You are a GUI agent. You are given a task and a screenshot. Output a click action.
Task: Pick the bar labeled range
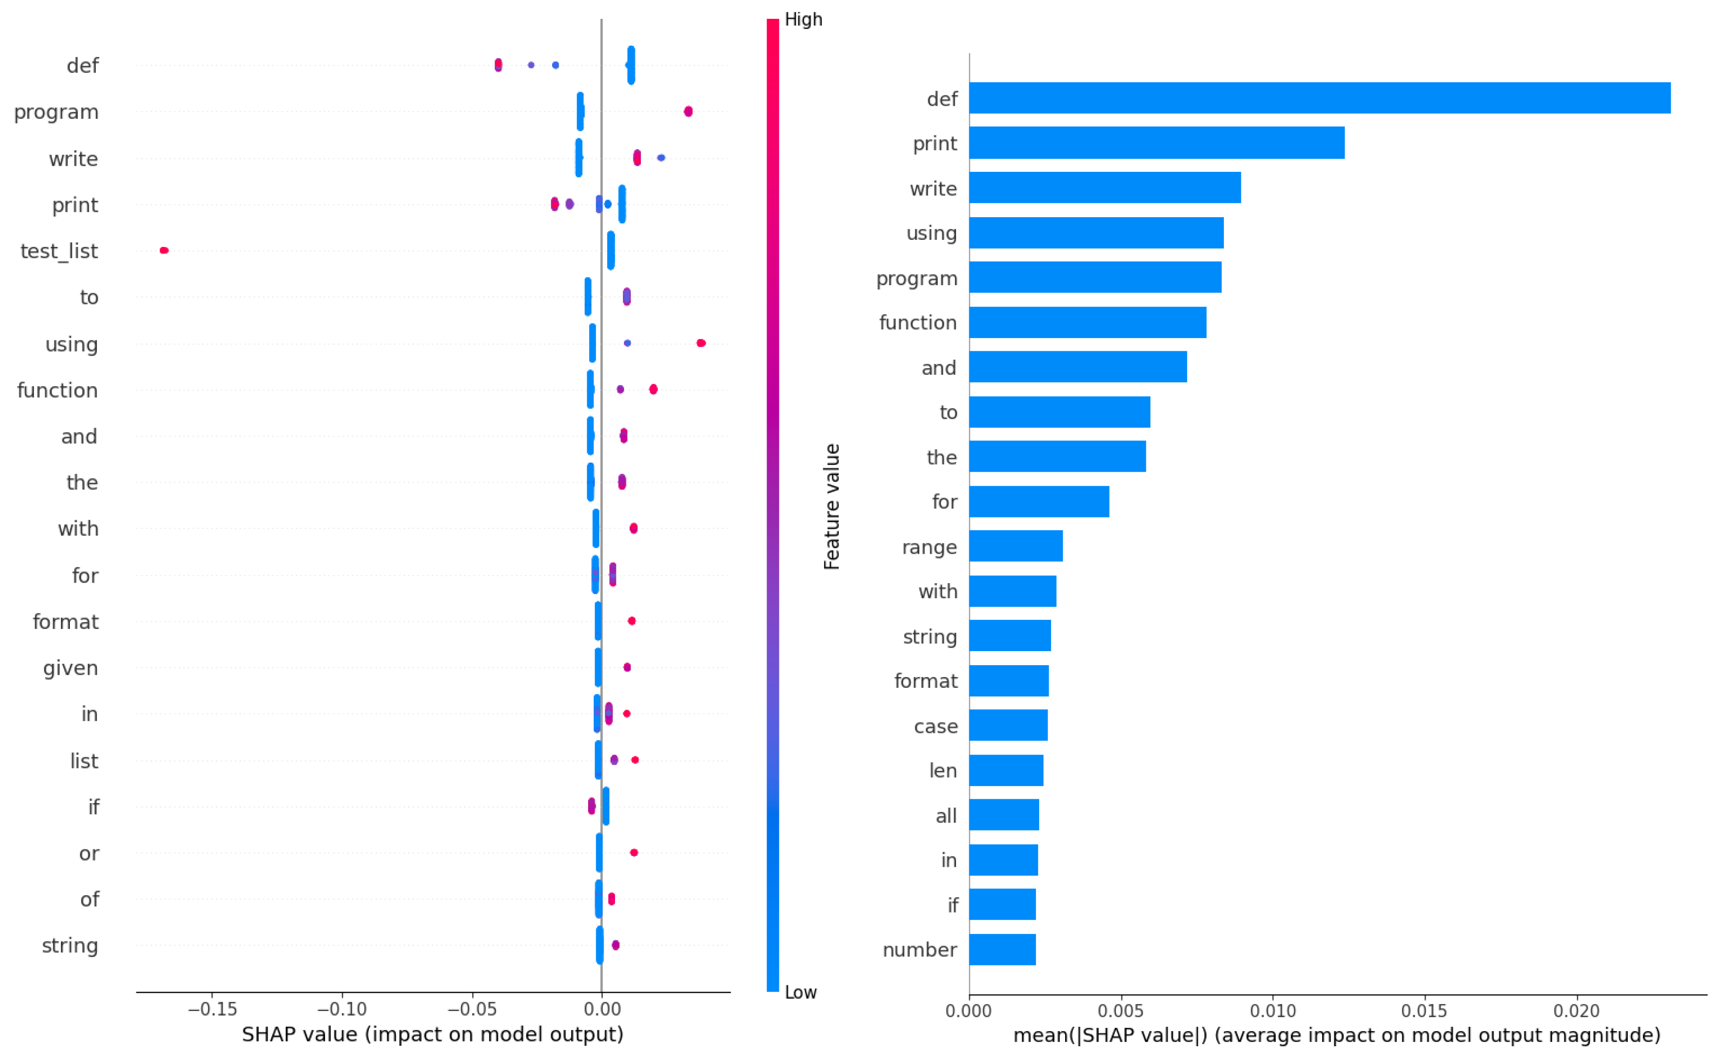[x=1015, y=546]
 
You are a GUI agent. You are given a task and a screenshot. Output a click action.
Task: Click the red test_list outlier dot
[x=164, y=250]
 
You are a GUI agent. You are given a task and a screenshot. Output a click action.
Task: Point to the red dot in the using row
[x=700, y=342]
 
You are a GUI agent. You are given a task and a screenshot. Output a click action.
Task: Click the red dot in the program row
[x=688, y=111]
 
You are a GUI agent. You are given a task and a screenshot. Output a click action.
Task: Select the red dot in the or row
[x=633, y=852]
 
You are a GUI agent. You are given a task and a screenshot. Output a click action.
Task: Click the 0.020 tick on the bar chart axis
[x=1576, y=1011]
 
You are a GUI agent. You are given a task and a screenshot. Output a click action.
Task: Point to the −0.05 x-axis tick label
[x=472, y=1009]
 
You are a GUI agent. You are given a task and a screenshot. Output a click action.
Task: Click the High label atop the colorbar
[x=803, y=20]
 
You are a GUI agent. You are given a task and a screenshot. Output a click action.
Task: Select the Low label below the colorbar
[x=800, y=992]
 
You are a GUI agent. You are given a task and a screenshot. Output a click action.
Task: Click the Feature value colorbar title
[x=831, y=507]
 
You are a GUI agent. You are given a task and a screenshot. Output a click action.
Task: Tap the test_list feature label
[x=59, y=251]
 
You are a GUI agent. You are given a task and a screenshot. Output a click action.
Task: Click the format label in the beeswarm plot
[x=65, y=621]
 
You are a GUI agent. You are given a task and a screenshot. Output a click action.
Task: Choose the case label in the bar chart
[x=935, y=726]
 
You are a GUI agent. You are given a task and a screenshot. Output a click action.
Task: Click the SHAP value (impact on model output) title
[x=432, y=1034]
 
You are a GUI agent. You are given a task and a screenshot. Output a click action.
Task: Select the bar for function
[x=1087, y=322]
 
